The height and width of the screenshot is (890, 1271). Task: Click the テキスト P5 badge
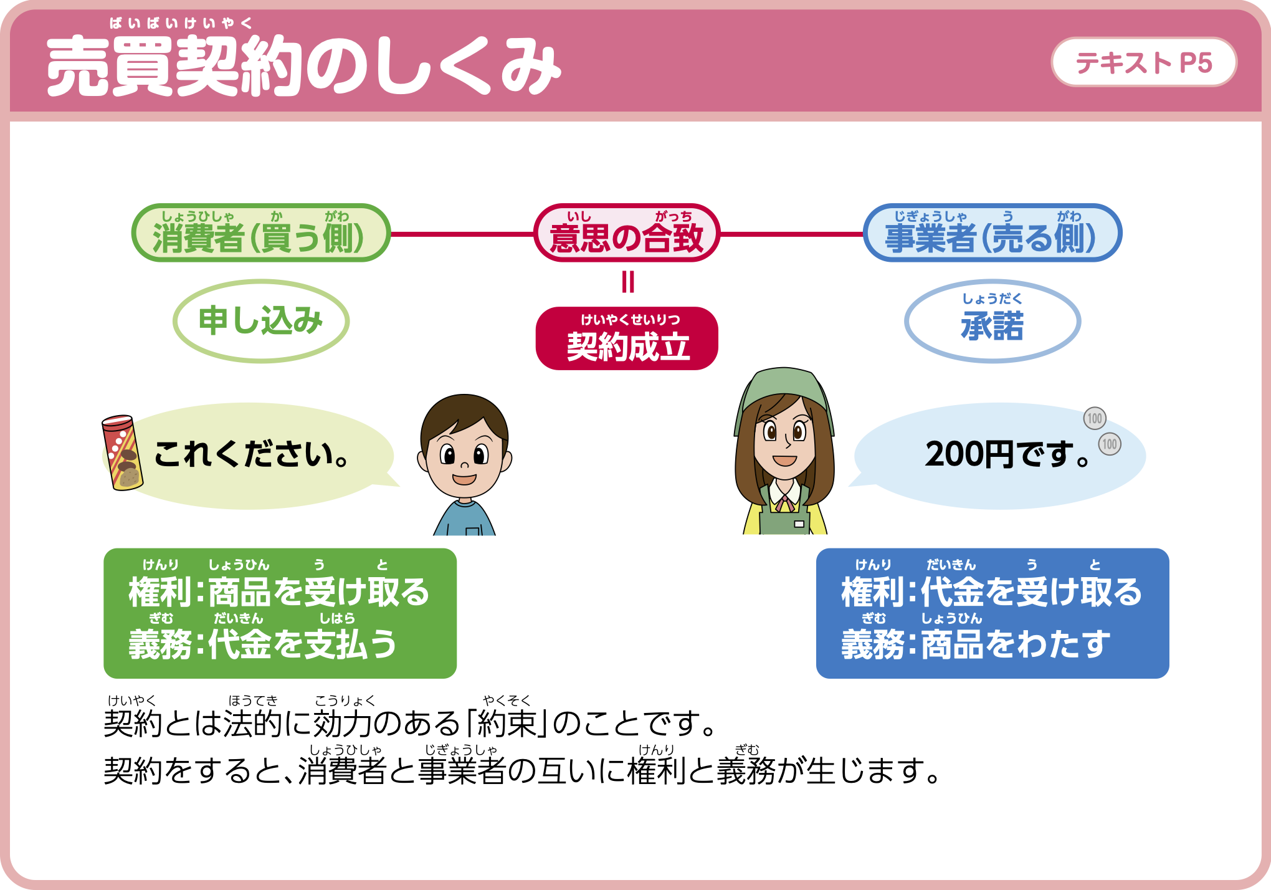click(1144, 62)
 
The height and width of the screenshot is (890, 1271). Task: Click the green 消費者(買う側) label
click(261, 232)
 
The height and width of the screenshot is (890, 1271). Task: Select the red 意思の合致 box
click(627, 232)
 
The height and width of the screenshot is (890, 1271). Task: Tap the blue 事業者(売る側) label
click(993, 232)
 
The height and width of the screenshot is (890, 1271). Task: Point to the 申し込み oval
click(261, 321)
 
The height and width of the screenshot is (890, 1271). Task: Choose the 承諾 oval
click(993, 321)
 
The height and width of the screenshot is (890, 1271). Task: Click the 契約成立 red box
click(627, 338)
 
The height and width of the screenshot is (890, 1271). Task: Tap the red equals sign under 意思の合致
click(628, 282)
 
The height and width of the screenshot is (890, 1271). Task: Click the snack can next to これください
click(123, 452)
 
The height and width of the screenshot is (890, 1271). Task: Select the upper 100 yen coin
click(1095, 418)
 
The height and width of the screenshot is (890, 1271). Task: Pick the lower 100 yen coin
click(1109, 444)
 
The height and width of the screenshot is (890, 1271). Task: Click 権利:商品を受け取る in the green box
click(279, 591)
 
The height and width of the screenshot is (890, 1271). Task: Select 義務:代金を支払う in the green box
click(262, 644)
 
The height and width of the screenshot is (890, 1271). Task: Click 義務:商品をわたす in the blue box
click(976, 644)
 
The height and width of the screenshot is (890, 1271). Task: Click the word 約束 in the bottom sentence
click(506, 723)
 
